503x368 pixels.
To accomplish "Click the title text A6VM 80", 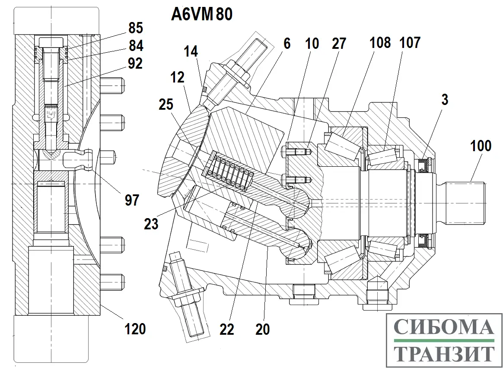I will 202,14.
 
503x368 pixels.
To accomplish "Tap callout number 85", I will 135,29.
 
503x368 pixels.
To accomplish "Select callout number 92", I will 135,63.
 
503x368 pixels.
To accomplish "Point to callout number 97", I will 132,200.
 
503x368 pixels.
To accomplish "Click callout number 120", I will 135,329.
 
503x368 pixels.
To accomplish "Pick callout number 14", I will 191,52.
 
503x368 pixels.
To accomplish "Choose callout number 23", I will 152,224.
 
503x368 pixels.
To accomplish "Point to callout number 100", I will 481,146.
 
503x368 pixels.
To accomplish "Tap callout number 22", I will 226,330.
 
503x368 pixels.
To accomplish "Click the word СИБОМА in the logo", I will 444,328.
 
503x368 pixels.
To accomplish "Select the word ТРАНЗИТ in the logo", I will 444,354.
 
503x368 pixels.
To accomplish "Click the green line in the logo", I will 444,341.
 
